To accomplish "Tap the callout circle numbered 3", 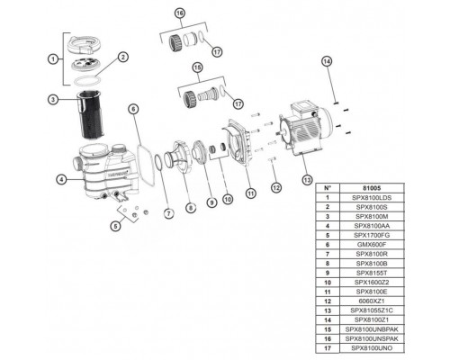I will click(54, 99).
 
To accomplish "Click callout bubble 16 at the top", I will click(179, 15).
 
